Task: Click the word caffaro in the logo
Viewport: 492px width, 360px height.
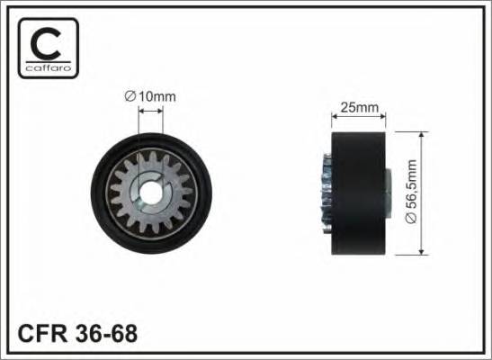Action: (49, 67)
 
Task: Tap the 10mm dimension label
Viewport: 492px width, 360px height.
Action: (157, 96)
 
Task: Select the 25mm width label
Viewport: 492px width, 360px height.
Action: (360, 108)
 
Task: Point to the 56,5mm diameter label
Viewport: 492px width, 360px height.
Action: (411, 192)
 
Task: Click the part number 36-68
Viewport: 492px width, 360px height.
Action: (106, 333)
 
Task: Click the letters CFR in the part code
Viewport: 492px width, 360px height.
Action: (42, 333)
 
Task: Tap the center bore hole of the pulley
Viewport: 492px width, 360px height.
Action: (150, 193)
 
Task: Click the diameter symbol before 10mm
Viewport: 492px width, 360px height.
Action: (130, 96)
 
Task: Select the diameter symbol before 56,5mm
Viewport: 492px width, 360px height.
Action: (411, 218)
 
